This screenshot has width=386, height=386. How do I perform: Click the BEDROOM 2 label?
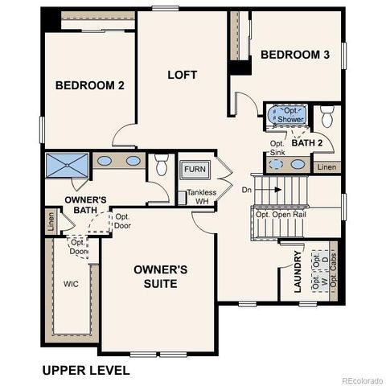tap(89, 85)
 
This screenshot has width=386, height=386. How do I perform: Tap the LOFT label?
tap(182, 75)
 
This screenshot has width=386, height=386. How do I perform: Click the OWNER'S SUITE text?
tap(160, 277)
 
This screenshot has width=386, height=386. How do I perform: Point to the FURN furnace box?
tap(193, 170)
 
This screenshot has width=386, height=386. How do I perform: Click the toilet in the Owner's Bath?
tap(161, 166)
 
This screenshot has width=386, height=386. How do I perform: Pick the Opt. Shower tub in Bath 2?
tap(285, 114)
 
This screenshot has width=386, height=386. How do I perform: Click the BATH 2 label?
tap(306, 143)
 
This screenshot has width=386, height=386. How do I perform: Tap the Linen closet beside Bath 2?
tap(326, 167)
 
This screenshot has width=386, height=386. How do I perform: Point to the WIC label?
tap(72, 284)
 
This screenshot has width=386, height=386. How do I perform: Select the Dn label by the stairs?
tap(247, 191)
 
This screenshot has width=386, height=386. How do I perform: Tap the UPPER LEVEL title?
tap(85, 370)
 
